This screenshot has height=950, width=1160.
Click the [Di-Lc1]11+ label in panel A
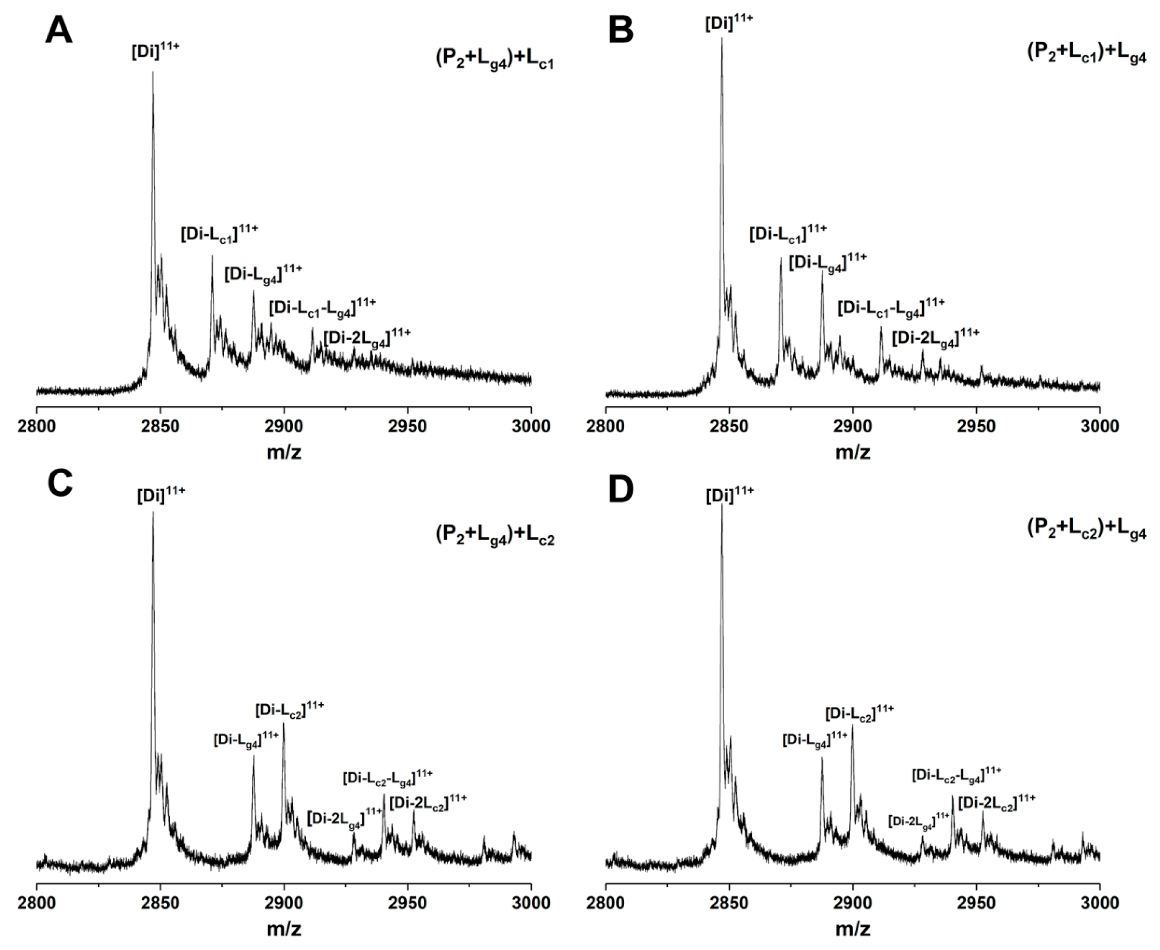tap(219, 234)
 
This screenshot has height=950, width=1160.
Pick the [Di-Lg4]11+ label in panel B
tap(827, 263)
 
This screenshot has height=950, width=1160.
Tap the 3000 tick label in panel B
tap(1099, 426)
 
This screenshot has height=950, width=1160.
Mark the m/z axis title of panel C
tap(284, 929)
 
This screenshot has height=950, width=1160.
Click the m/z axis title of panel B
tap(852, 453)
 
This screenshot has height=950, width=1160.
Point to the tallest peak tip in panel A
tap(153, 72)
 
